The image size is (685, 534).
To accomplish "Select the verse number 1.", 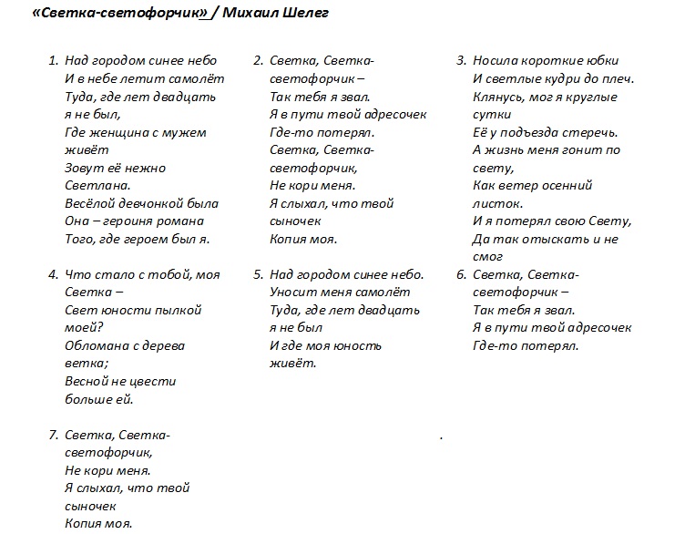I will (x=52, y=61).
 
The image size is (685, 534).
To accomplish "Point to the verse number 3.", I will (x=461, y=61).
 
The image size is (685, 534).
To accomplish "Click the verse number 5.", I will (x=258, y=274).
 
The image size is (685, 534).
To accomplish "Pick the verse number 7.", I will (x=52, y=435).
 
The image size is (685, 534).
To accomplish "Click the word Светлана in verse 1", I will (x=93, y=185).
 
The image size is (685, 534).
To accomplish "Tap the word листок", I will (x=496, y=203).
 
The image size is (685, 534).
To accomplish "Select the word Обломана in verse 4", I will (x=94, y=345).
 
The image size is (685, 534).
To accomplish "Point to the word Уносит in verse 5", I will (x=292, y=293).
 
